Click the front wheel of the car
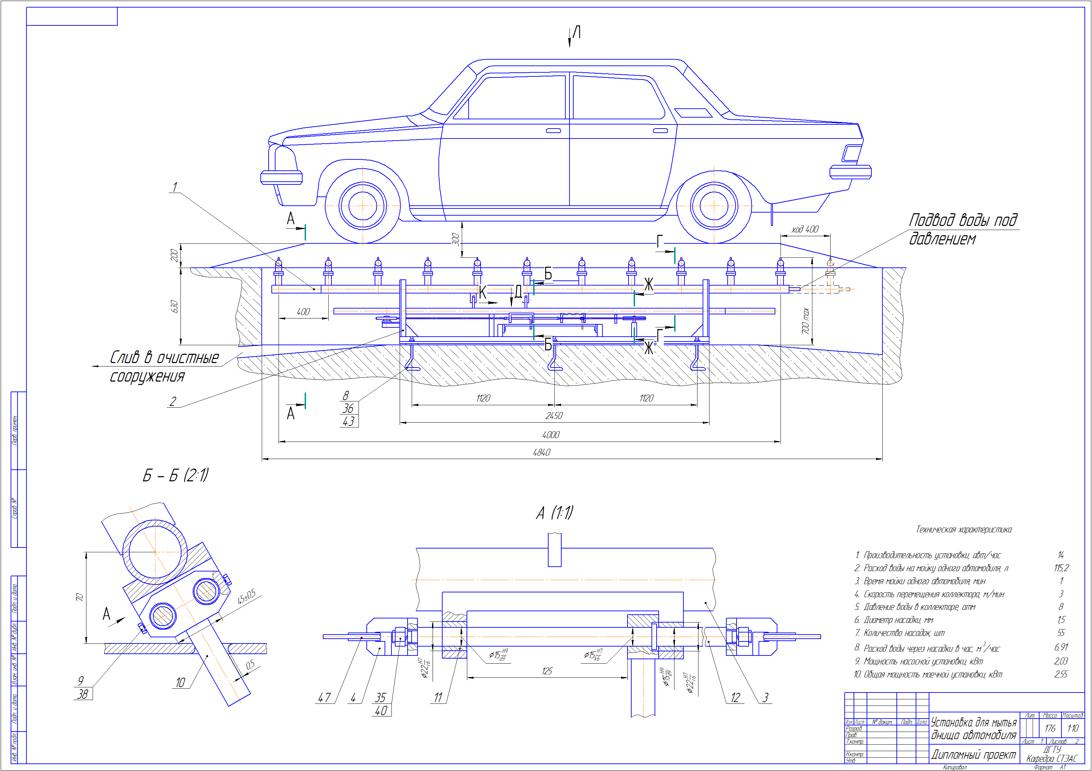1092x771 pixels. (x=362, y=206)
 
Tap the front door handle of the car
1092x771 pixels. (x=553, y=131)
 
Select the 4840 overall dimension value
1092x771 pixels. (x=541, y=453)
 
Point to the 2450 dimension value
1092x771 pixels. (x=554, y=416)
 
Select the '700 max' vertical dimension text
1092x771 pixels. (x=805, y=321)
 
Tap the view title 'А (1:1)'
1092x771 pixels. (x=554, y=513)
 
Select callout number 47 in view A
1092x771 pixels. (x=324, y=697)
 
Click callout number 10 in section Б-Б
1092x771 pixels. (x=180, y=683)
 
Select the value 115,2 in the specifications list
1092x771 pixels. (x=1061, y=568)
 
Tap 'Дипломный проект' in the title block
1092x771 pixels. (x=973, y=754)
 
